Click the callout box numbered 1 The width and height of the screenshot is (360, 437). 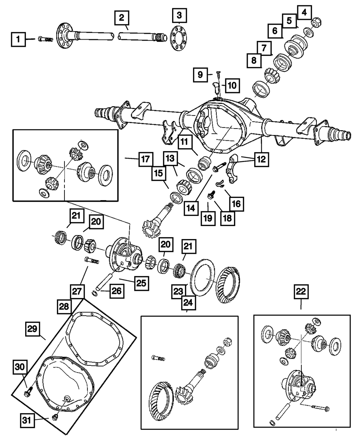[18, 39]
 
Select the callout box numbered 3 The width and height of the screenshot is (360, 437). [179, 15]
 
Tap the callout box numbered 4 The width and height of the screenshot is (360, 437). [304, 13]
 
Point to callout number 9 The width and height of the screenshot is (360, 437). [200, 75]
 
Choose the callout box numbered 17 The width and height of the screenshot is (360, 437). [146, 159]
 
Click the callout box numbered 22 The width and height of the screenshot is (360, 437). [301, 292]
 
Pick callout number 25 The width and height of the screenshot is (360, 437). [141, 283]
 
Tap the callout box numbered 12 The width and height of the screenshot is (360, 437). [262, 159]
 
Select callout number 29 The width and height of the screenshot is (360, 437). [32, 329]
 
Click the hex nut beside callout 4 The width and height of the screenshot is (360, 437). [316, 22]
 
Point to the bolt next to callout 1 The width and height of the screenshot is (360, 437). [45, 39]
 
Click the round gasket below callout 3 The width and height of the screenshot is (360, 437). [179, 39]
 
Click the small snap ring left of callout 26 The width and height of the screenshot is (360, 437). [95, 294]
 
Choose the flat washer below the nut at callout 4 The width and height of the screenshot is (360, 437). [308, 32]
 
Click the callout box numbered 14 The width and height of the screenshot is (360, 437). [191, 208]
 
